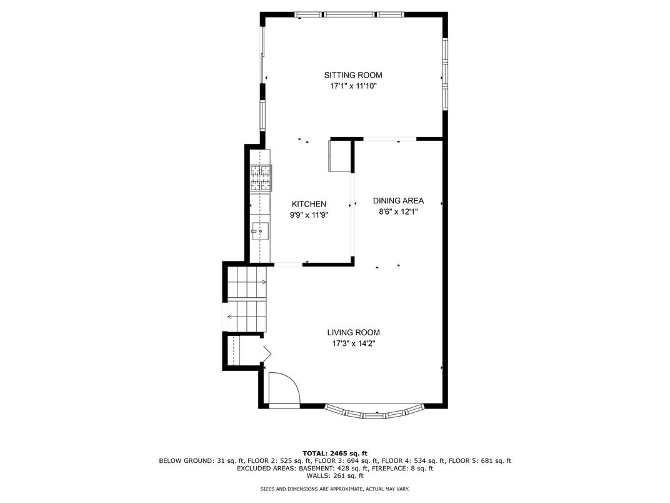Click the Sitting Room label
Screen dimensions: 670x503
point(353,75)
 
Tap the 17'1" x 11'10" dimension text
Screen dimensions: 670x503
point(353,86)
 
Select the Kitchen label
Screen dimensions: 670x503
point(309,205)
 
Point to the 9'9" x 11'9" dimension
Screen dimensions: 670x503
point(309,215)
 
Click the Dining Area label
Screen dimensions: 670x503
point(398,201)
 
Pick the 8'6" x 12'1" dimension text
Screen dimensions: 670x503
point(398,211)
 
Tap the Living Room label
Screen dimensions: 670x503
point(353,332)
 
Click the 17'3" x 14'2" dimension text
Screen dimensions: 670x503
point(353,343)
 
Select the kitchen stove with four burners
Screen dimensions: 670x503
point(261,178)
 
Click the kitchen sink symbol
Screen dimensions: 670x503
point(260,231)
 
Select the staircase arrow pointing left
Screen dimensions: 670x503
point(246,317)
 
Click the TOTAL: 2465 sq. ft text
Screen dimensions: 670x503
point(335,454)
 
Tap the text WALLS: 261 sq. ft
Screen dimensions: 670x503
point(335,475)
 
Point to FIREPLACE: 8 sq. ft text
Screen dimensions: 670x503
point(402,469)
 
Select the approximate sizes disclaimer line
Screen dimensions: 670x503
point(335,489)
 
